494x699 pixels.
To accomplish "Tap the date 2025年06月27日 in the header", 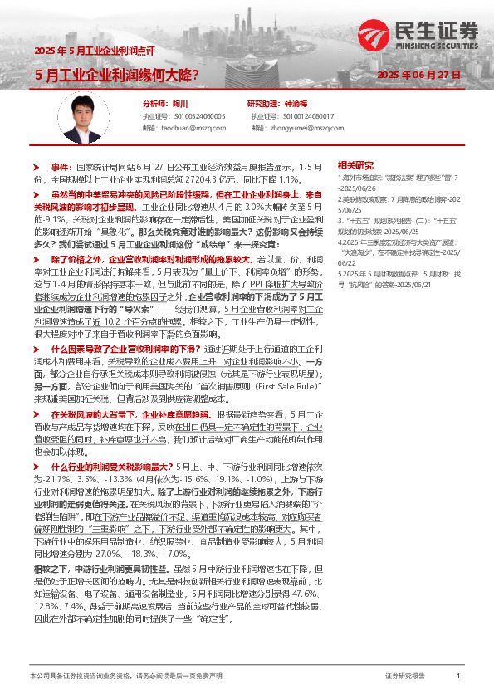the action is click(x=419, y=75).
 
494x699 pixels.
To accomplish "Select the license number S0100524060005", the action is click(x=197, y=116).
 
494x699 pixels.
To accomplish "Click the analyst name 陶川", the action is click(x=180, y=104).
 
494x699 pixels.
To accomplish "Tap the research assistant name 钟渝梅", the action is click(x=296, y=104).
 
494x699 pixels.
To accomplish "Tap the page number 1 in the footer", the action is click(x=458, y=677).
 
